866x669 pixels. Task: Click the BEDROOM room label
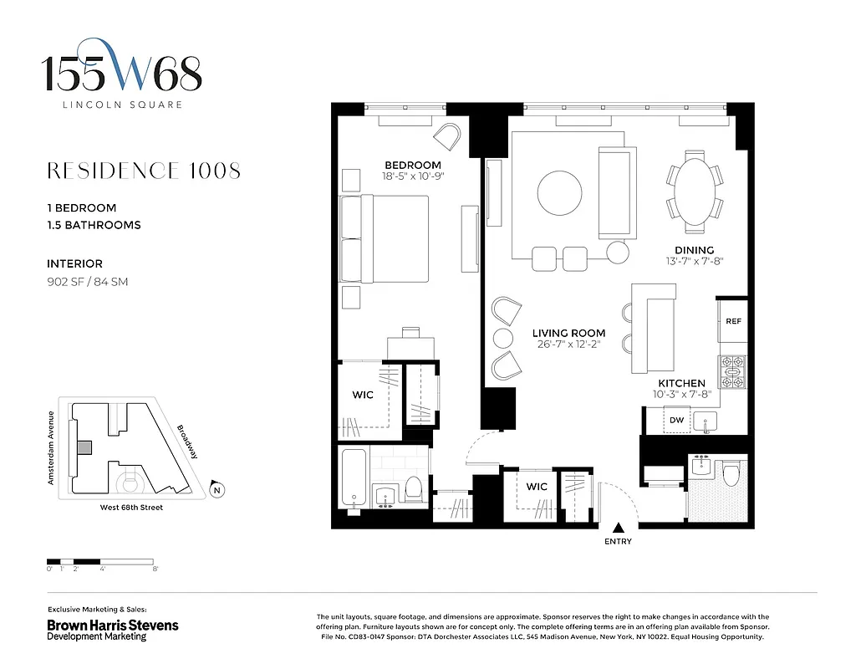tap(412, 165)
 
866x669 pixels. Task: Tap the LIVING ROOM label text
tap(568, 333)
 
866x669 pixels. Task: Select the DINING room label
tap(695, 250)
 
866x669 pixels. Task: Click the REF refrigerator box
tap(732, 321)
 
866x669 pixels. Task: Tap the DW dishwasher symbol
tap(676, 421)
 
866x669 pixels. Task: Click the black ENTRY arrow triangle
tap(618, 528)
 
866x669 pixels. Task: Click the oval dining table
tap(695, 192)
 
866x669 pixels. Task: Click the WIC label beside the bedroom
tap(363, 394)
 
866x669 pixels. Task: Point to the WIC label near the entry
tap(536, 487)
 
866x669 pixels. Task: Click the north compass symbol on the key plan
tap(216, 490)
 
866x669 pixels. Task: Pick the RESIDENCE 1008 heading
tap(144, 171)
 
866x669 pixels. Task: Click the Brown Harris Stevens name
tap(112, 625)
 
